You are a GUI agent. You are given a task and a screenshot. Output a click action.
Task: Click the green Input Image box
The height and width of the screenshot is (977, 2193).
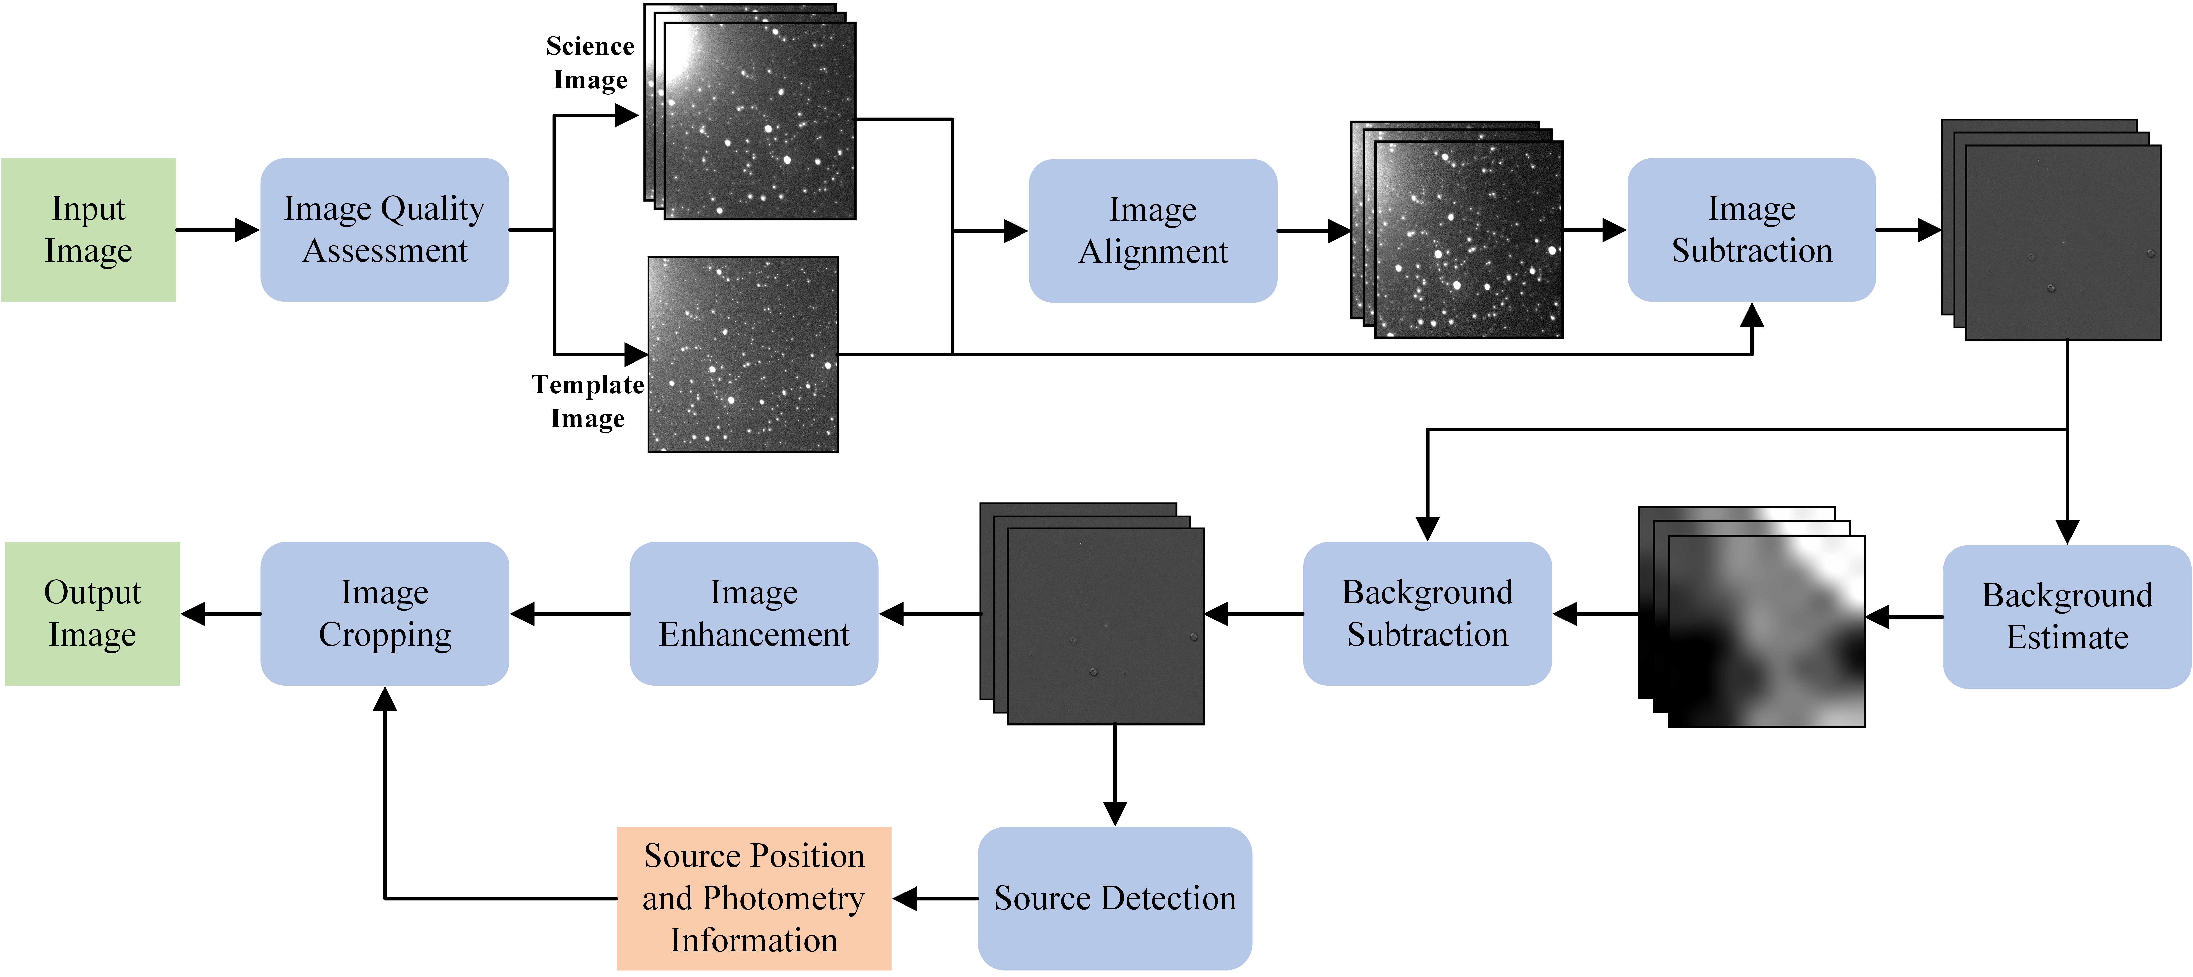(89, 230)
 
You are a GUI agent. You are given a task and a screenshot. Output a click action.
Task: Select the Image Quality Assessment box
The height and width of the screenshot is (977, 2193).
(385, 230)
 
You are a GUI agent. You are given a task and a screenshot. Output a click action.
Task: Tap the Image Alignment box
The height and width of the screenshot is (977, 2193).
(1153, 231)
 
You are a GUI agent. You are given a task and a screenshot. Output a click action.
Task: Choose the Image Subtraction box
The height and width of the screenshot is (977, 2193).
(1751, 230)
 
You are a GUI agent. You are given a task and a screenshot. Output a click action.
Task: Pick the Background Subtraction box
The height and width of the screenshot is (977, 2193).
(1427, 613)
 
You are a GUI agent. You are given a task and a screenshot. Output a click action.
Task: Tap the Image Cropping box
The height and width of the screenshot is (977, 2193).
(385, 613)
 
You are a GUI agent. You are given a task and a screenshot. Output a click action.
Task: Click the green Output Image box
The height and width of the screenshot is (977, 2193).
(92, 613)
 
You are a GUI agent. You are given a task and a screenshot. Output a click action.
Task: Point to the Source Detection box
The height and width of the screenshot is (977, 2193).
(1114, 898)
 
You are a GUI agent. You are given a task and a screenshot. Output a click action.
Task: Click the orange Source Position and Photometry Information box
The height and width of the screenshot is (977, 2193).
(753, 898)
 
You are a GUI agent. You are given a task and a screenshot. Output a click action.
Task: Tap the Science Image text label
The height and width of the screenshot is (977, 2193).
(590, 63)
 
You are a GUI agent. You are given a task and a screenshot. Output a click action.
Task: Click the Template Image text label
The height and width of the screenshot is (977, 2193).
(587, 402)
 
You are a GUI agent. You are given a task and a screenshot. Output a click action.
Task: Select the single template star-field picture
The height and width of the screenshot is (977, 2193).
(742, 354)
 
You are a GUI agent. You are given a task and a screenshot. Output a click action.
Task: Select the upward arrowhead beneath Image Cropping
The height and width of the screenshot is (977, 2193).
(385, 700)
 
